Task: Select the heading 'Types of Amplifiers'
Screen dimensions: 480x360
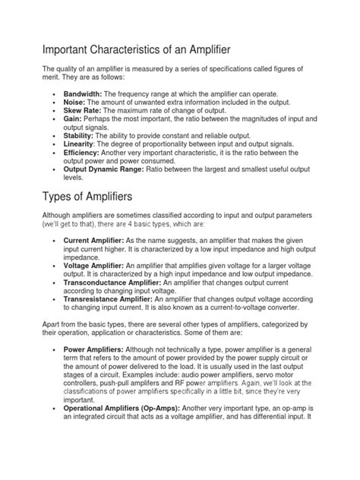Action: (x=98, y=198)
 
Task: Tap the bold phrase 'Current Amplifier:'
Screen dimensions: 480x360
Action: (x=97, y=240)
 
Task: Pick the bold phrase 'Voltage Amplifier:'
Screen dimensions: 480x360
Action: (x=97, y=264)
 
